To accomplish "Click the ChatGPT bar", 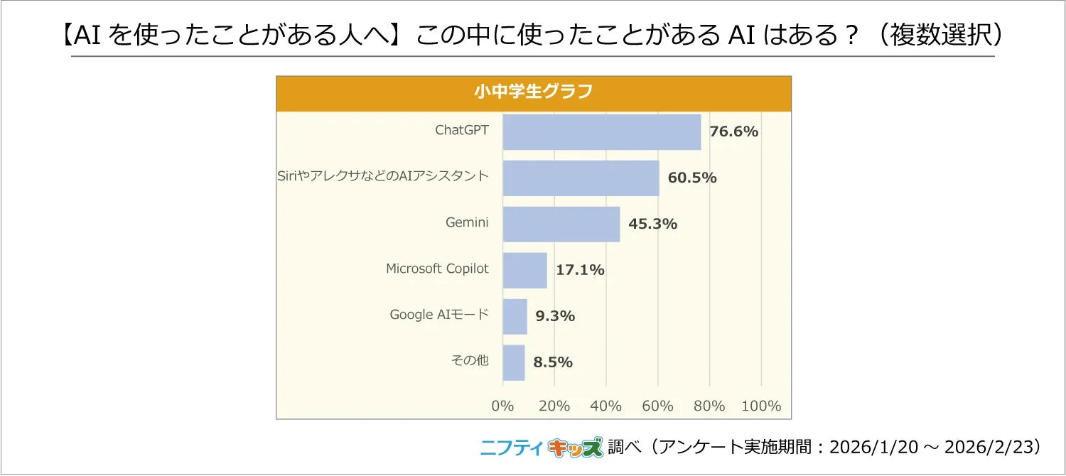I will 601,132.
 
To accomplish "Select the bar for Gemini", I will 561,225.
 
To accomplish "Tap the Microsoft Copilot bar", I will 524,271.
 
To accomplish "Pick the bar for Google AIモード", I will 515,316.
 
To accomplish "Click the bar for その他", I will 513,362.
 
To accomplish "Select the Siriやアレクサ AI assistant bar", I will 581,178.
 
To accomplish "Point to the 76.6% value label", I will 734,131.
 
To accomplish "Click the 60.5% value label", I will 692,178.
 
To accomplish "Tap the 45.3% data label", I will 652,224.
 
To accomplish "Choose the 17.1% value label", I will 580,270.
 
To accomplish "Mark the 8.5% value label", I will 553,362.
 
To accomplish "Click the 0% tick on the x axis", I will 502,406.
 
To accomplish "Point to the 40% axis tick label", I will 606,406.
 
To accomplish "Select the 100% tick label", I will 761,406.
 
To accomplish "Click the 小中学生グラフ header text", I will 533,92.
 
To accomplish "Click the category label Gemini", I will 467,222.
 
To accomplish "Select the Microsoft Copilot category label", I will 437,269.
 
